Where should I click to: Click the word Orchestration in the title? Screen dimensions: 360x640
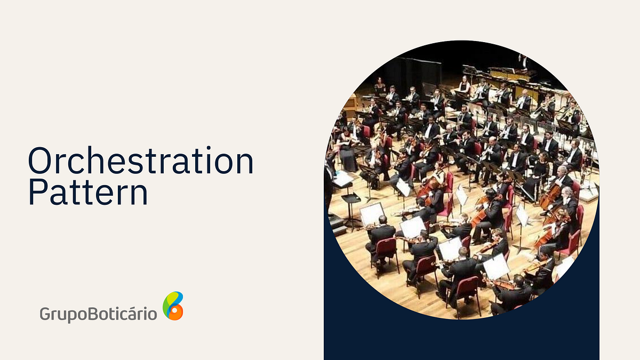coord(140,162)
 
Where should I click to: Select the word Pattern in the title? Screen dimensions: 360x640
coord(88,193)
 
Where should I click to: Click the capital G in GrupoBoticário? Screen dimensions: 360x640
coord(45,313)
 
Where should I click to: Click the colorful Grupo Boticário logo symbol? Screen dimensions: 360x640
coord(173,306)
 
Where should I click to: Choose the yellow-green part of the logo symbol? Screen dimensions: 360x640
coord(169,301)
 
